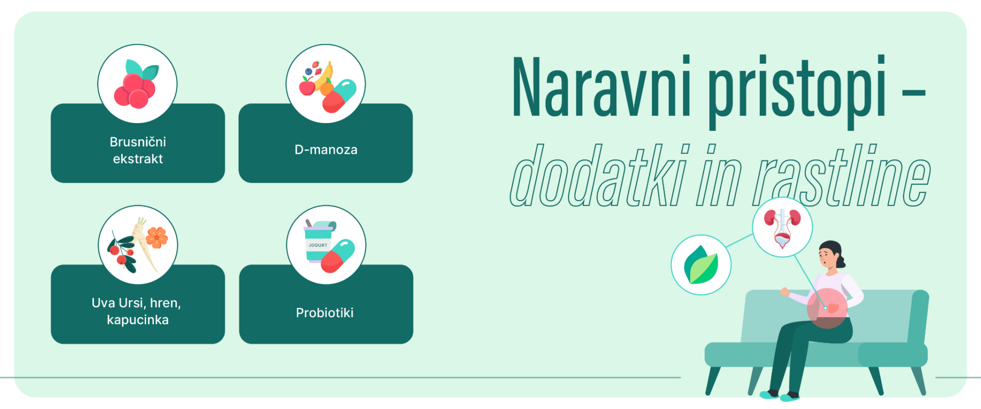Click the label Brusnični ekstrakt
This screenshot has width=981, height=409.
(138, 150)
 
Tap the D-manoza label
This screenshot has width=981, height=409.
(326, 150)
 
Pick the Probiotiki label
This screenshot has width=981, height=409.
(325, 312)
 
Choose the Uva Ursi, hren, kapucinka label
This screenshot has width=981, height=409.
(137, 311)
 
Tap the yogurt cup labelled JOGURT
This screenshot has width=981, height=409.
(318, 242)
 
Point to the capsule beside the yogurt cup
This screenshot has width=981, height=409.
(338, 256)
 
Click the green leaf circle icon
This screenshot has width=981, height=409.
(701, 265)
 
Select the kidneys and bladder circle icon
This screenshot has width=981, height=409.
(782, 227)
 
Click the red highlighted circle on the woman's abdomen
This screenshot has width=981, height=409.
(827, 308)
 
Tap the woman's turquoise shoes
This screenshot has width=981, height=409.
(780, 395)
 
